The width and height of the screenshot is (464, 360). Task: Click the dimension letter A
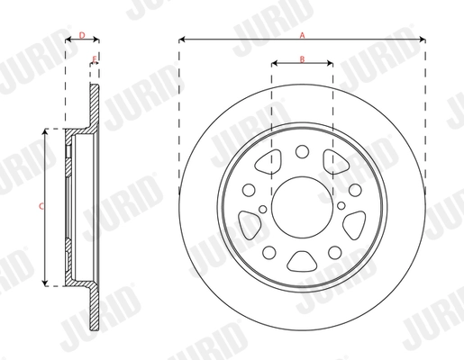(x=303, y=33)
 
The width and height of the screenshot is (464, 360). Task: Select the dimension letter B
(x=303, y=58)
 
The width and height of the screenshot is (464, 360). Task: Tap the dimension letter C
(x=39, y=207)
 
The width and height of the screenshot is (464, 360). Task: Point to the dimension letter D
(x=82, y=35)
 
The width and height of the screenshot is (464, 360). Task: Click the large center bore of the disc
(x=303, y=206)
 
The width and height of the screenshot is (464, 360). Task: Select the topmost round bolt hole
(x=303, y=152)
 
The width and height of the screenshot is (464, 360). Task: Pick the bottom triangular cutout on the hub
(x=303, y=261)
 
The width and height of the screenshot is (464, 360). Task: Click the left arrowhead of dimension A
(x=183, y=40)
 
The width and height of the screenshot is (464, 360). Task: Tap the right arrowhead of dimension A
(x=423, y=40)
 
